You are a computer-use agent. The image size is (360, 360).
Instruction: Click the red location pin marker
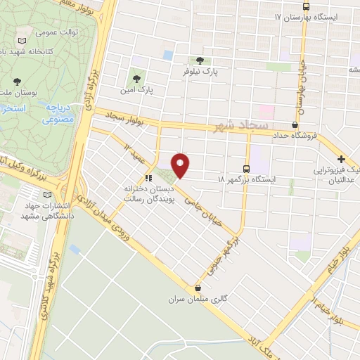(181, 165)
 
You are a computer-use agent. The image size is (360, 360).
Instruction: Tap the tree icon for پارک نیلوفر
(202, 60)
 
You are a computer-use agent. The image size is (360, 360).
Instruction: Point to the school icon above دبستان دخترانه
(148, 178)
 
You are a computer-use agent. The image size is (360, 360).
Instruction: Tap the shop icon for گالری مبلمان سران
(198, 288)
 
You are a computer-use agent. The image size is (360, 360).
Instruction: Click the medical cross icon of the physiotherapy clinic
(342, 160)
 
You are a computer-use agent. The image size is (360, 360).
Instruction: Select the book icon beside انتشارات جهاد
(47, 195)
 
